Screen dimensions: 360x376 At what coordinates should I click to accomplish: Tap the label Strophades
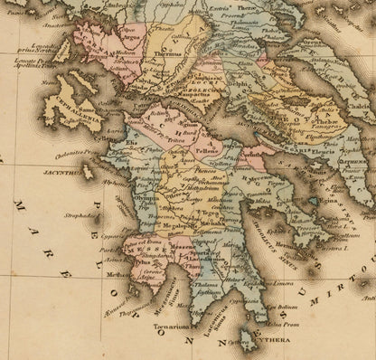click(x=80, y=216)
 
